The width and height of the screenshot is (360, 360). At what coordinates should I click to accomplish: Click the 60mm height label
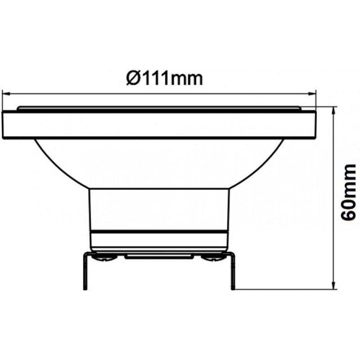tap(348, 192)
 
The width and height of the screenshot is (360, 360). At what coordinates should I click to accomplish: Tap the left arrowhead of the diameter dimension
tap(5, 94)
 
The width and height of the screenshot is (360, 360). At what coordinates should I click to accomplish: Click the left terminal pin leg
tap(85, 271)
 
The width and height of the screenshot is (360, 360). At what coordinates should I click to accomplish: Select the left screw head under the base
tap(104, 258)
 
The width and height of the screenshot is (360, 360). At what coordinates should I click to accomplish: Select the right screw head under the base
tap(212, 258)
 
